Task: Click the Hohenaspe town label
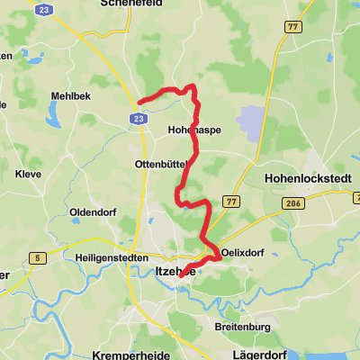pos(194,130)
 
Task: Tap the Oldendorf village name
pos(92,212)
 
